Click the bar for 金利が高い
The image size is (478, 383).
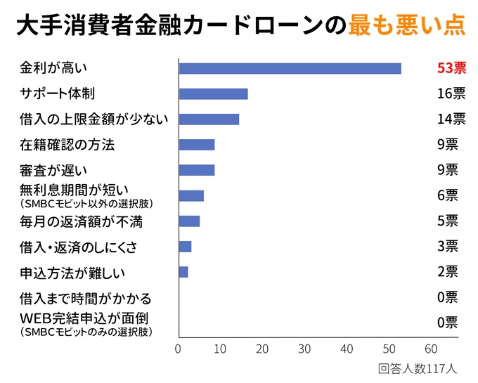[x=290, y=68]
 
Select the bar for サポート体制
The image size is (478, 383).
[x=213, y=94]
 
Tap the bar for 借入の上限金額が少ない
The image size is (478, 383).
[x=209, y=119]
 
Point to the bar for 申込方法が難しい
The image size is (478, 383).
[x=183, y=272]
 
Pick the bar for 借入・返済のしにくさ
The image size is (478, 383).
[x=185, y=247]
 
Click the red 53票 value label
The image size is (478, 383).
[x=451, y=68]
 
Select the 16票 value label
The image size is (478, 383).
[x=451, y=94]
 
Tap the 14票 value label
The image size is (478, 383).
[x=451, y=119]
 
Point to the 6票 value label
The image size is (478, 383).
[x=447, y=195]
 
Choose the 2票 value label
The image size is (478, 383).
[x=447, y=272]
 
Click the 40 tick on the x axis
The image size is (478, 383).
[x=347, y=349]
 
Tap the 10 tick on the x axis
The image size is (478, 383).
[x=221, y=349]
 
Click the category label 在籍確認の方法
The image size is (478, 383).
[x=67, y=145]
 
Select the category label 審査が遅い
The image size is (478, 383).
[x=58, y=171]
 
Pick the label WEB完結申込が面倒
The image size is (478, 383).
[x=84, y=318]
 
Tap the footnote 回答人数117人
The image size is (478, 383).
[x=418, y=368]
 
